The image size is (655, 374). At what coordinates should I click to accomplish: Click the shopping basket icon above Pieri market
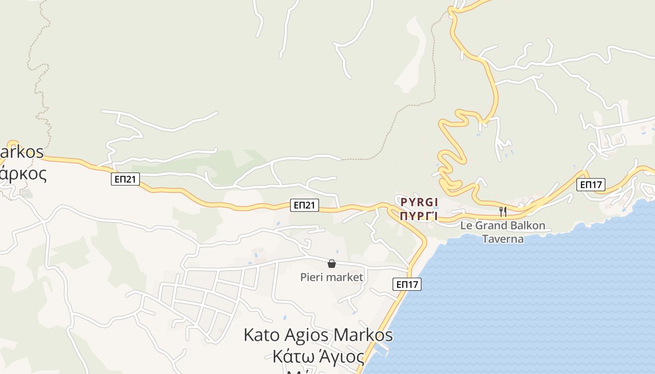click(332, 264)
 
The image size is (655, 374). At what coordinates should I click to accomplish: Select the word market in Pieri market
click(346, 277)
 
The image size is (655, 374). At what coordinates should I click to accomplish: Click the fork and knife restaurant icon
click(503, 212)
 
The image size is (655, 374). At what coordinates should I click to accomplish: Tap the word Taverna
click(502, 239)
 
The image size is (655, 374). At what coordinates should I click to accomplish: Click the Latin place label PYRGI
click(419, 202)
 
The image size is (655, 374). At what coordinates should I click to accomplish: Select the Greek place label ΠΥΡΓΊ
click(419, 216)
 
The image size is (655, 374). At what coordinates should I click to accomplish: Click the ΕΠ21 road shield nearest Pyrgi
click(305, 205)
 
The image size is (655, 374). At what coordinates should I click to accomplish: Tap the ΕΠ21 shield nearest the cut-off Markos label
click(125, 179)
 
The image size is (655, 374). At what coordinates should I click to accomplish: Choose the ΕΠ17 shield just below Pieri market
click(407, 284)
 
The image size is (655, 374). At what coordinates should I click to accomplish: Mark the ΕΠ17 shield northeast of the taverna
click(590, 185)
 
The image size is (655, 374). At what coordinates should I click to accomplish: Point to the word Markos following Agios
click(363, 335)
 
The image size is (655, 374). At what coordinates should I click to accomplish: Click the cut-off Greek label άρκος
click(23, 173)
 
